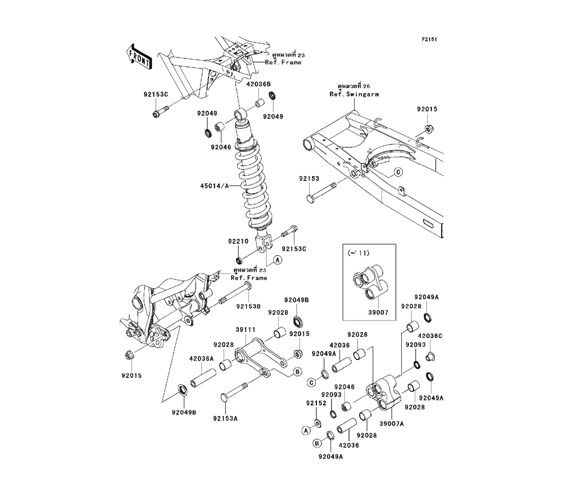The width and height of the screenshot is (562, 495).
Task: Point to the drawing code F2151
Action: point(430,39)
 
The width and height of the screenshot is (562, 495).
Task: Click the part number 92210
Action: point(238,241)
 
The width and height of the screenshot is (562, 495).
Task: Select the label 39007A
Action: point(392,424)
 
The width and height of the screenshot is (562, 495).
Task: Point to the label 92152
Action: point(315,403)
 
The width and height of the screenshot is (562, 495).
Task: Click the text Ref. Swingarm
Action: point(354,94)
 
